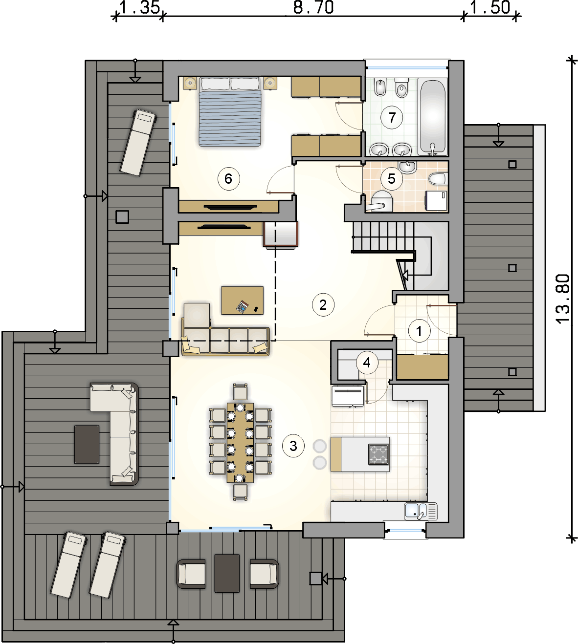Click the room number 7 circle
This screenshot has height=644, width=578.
(392, 118)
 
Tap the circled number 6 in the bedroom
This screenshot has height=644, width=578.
(229, 179)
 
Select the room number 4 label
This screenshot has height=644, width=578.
(367, 363)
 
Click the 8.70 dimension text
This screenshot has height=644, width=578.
(313, 7)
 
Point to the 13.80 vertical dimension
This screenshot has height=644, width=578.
(563, 299)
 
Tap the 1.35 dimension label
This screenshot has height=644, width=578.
(140, 7)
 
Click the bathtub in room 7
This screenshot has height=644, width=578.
(433, 117)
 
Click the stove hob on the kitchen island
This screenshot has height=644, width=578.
(378, 454)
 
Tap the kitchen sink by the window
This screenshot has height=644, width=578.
(421, 511)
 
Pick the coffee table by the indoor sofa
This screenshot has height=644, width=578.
(243, 301)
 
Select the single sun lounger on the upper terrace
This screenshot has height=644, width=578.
(138, 142)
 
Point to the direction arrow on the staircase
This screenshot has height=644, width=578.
(404, 275)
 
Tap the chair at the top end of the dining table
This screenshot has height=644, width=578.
(240, 391)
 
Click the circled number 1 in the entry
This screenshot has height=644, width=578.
(419, 331)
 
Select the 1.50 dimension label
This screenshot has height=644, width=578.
(490, 7)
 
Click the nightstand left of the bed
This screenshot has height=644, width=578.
(190, 83)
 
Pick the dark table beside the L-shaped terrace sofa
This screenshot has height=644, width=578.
(87, 445)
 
